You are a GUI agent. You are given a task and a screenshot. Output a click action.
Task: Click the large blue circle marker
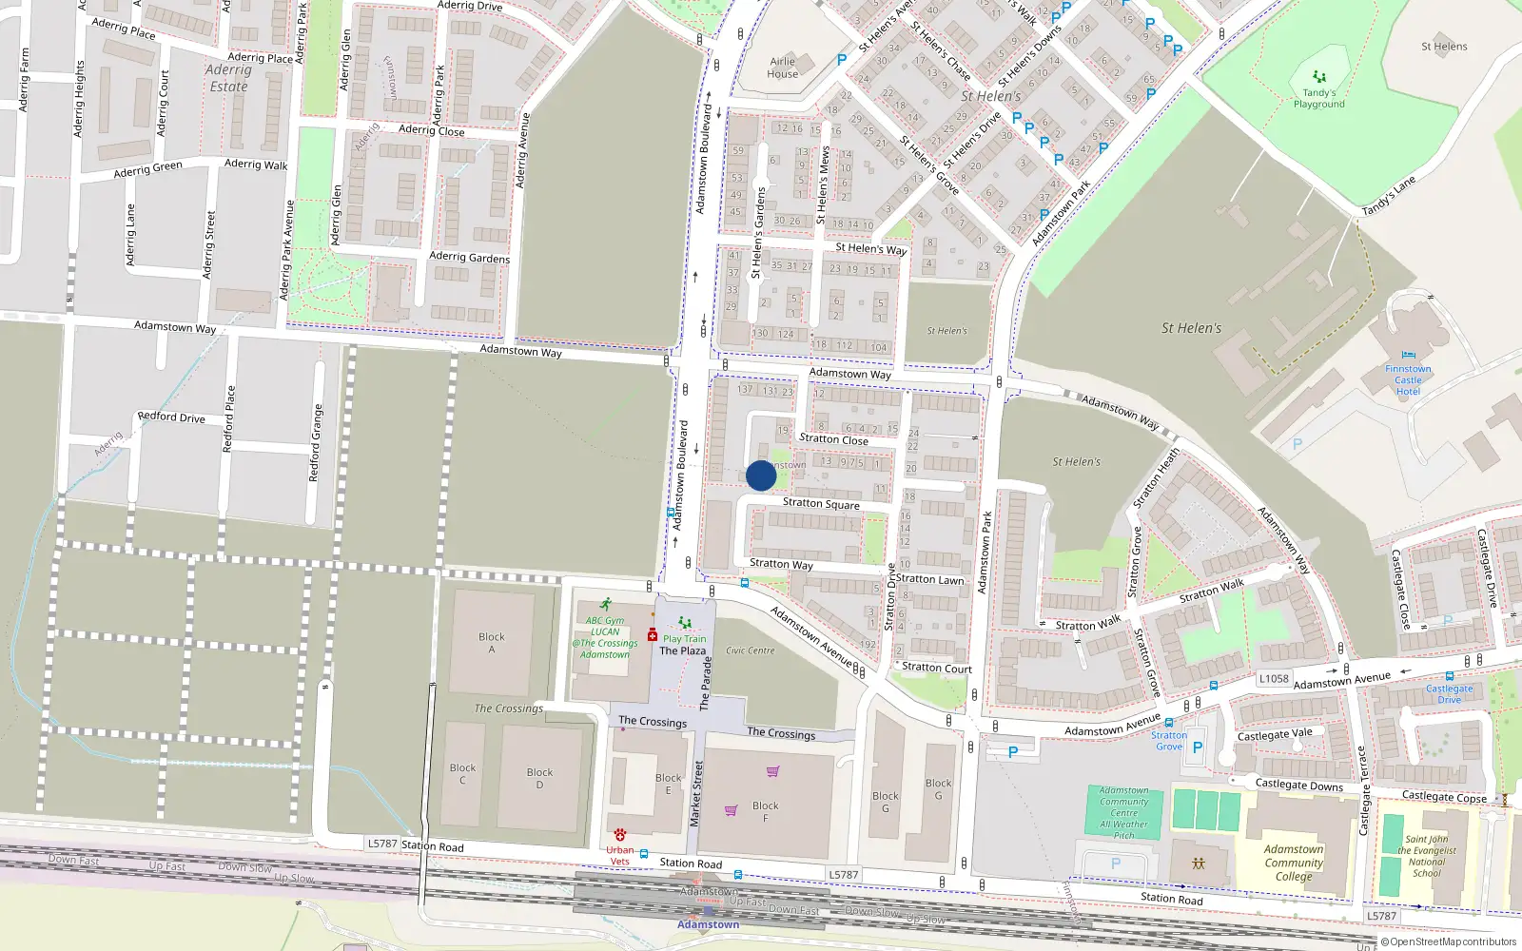(761, 475)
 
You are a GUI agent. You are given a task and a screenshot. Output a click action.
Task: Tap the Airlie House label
(782, 68)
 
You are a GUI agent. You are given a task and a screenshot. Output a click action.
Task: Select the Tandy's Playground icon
(1318, 76)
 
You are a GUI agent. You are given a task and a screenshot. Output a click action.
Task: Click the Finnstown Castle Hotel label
(1408, 380)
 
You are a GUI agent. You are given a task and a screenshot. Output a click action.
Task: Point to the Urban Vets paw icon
(620, 834)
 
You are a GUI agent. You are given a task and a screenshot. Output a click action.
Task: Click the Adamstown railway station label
(708, 924)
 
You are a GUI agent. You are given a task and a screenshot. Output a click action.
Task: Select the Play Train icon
(684, 624)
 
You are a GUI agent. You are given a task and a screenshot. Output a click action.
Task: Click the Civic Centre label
(750, 650)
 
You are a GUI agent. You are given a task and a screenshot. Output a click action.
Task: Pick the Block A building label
(492, 643)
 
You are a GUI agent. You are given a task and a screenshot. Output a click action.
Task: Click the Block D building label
(539, 778)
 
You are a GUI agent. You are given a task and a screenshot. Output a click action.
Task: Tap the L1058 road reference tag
(1274, 678)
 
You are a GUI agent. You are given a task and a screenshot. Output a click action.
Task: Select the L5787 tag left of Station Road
(382, 844)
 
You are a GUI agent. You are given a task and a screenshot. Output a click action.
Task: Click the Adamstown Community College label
(1293, 863)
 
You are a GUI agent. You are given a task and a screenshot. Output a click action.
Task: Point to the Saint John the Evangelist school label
(1426, 856)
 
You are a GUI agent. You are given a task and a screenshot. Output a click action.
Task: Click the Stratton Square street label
(821, 504)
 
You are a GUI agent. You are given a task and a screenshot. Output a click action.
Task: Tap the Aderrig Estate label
(228, 78)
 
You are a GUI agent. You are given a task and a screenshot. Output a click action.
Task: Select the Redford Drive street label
(171, 417)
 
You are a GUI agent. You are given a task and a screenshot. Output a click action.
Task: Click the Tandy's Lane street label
(1388, 196)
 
